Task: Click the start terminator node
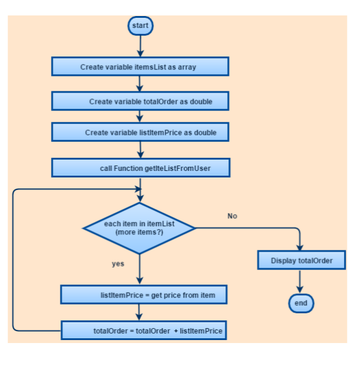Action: pos(141,26)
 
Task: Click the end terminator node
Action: pos(301,303)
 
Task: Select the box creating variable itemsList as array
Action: pos(140,67)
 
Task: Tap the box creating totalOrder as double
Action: pos(140,101)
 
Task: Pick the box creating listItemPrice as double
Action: pos(140,132)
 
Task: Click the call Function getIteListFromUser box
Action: pos(140,169)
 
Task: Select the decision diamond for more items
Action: pos(140,228)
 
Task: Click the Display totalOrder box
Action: pos(301,261)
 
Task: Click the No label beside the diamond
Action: pos(232,216)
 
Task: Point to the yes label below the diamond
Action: pos(118,264)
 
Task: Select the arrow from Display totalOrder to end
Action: pos(301,281)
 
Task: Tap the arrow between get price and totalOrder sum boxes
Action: pos(140,312)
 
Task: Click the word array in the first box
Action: pos(187,67)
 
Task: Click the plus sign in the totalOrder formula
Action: pos(176,331)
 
